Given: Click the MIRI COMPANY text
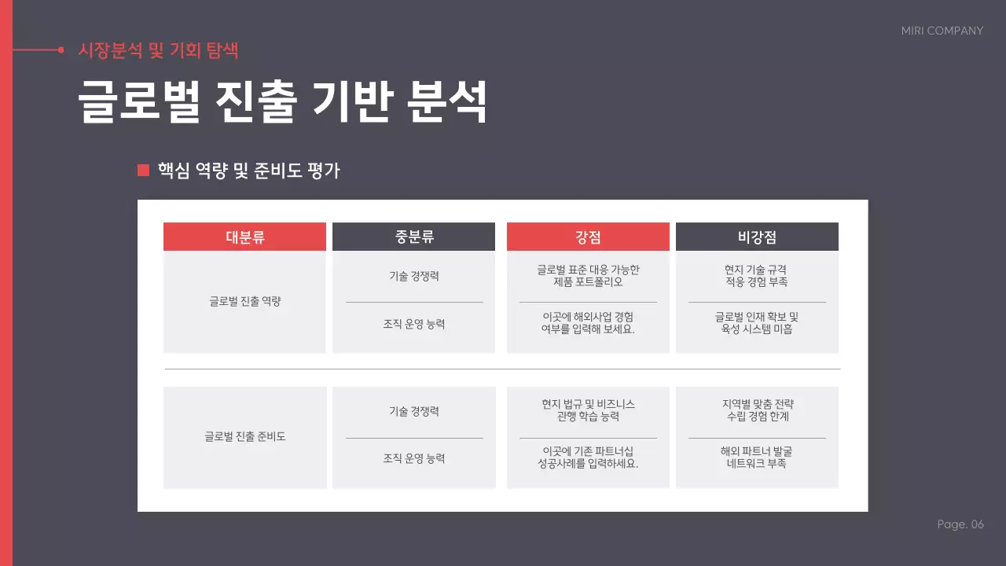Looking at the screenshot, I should tap(942, 31).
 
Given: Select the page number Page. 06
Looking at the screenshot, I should tap(960, 524).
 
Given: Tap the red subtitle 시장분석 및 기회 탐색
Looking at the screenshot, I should tap(158, 50).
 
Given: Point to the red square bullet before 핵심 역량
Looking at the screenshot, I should tap(143, 170).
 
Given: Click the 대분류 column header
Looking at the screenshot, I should tap(244, 237).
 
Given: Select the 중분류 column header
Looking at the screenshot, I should tap(413, 237).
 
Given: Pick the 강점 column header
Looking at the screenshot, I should tap(588, 237).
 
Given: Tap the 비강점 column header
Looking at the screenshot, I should tap(757, 237).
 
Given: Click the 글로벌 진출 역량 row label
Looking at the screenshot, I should tap(244, 301).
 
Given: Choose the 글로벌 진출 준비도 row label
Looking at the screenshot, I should tap(244, 436).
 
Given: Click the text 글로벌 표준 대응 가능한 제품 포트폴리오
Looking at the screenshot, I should tap(588, 276).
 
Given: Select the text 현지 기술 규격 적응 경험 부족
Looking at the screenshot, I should tap(757, 276).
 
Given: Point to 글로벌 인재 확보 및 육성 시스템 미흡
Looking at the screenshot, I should tap(757, 323).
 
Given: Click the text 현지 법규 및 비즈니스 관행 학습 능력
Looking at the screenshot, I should tap(588, 410).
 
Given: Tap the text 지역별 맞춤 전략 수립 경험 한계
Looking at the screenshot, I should tap(757, 410).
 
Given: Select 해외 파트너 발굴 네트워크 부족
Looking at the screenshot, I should tap(757, 458).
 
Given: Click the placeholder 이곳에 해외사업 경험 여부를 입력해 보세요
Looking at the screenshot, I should tap(588, 323).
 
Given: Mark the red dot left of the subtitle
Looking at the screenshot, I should tap(61, 50).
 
